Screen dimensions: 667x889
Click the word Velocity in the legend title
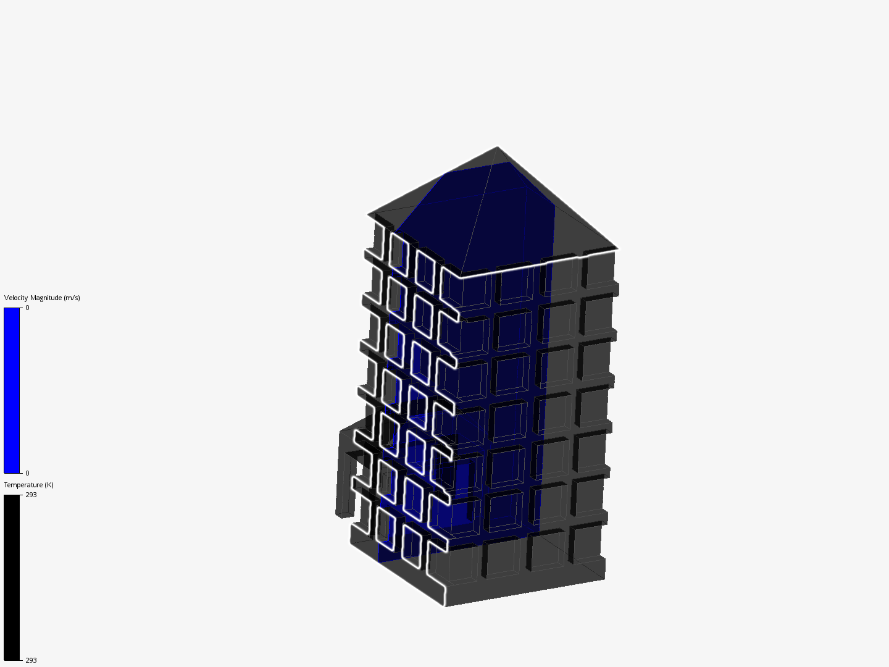pos(16,298)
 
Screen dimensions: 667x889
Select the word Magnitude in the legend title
pos(46,298)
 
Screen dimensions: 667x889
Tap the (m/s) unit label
pos(72,298)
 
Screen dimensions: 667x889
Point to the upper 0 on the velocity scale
pos(27,308)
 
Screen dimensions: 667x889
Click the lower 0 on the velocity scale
pos(27,473)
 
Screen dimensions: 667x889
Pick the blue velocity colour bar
pos(12,390)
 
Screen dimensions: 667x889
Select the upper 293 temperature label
pos(31,495)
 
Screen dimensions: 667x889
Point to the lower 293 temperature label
pos(31,660)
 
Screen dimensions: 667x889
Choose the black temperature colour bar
pos(12,577)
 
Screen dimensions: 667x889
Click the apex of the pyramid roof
pos(498,147)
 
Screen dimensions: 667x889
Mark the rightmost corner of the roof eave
pos(617,248)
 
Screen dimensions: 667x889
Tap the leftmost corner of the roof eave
pos(369,215)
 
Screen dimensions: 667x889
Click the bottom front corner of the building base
pos(445,605)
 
